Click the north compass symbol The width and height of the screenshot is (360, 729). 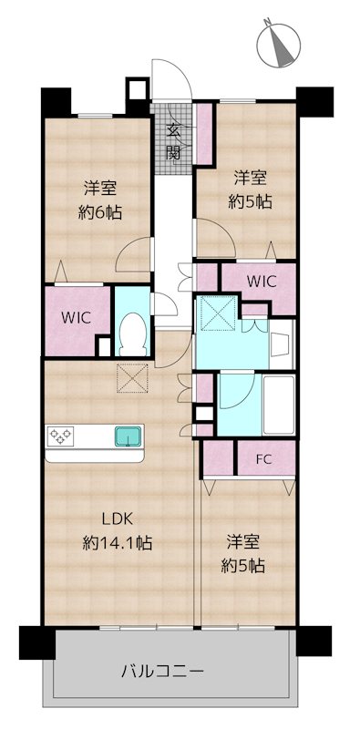[279, 44]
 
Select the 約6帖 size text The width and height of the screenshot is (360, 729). [100, 213]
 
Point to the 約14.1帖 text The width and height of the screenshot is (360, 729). [118, 542]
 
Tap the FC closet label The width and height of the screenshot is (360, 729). [263, 459]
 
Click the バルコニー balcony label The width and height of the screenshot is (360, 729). [163, 672]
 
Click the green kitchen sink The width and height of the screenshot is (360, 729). [128, 436]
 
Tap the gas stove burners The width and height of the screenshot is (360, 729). [60, 436]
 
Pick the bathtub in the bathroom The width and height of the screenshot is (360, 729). [279, 405]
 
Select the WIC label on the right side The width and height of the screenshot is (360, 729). [262, 281]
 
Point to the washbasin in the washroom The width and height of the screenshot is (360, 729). [282, 344]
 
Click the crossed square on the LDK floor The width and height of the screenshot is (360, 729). [132, 378]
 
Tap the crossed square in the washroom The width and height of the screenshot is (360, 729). [218, 313]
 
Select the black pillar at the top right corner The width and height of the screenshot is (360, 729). [314, 102]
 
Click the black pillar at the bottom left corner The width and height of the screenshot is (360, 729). [36, 642]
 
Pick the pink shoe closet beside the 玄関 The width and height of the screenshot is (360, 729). [204, 133]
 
